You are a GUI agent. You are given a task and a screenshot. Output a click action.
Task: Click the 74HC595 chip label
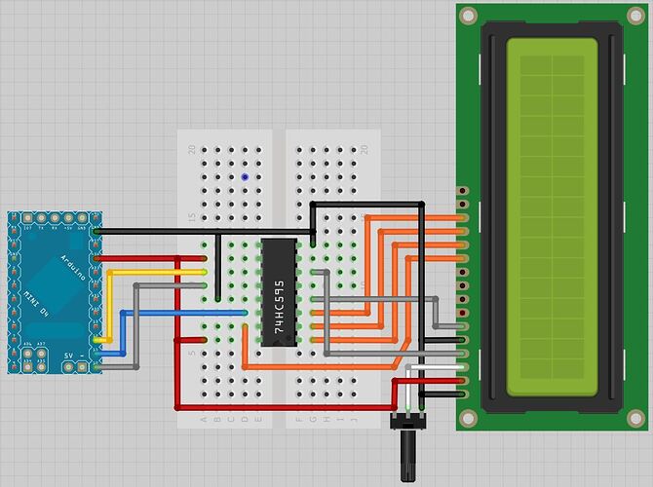279,291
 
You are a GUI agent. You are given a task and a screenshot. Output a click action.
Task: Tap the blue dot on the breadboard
244,178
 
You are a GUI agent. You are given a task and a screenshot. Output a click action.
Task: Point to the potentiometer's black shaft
403,453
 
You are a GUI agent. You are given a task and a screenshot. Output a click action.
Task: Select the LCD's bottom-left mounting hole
469,419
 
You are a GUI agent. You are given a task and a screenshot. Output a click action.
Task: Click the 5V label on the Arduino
68,356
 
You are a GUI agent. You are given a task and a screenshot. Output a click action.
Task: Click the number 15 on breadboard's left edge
192,217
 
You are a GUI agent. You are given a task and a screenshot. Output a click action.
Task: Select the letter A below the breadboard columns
204,420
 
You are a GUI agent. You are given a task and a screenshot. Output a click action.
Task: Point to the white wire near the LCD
429,366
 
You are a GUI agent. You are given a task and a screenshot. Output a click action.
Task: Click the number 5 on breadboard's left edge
192,353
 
